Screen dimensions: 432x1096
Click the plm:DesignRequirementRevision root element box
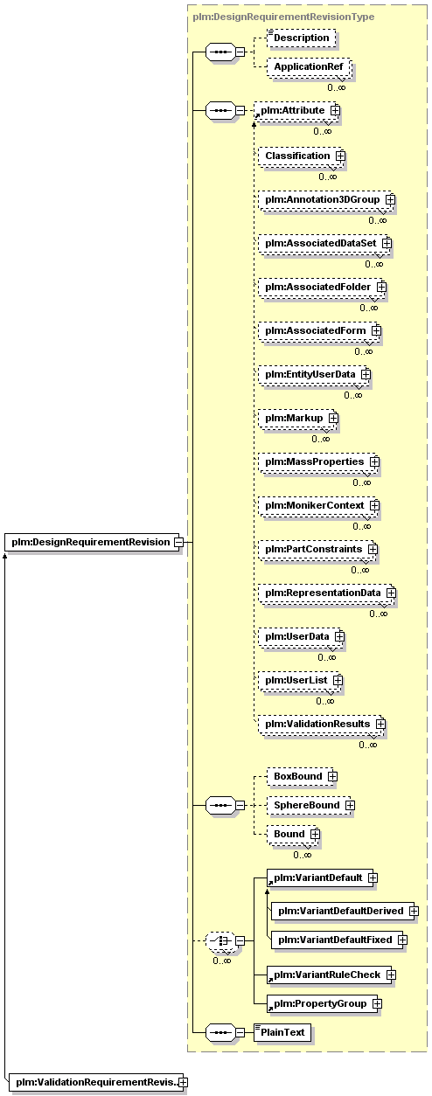point(92,542)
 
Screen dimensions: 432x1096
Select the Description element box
point(302,38)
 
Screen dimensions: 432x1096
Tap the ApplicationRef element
point(309,67)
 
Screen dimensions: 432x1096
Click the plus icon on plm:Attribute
point(335,111)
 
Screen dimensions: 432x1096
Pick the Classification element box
point(301,156)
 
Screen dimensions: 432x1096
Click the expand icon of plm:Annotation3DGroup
point(390,199)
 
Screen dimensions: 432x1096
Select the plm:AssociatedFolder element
point(323,288)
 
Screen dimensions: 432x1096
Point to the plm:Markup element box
point(298,419)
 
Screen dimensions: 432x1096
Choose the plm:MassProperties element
point(319,461)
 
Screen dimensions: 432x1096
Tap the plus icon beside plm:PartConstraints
point(373,550)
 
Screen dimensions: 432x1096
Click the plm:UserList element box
point(300,681)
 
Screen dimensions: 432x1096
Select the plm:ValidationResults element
point(322,725)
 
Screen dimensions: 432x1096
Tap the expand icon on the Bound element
point(315,834)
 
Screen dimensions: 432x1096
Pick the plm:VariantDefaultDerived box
point(345,911)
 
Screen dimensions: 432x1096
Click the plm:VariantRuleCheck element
point(331,975)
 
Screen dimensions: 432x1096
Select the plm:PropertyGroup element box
point(324,1003)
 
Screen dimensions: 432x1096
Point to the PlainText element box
point(282,1032)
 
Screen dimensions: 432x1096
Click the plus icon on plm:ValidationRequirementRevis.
point(183,1082)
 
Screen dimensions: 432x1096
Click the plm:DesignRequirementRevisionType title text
point(283,17)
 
